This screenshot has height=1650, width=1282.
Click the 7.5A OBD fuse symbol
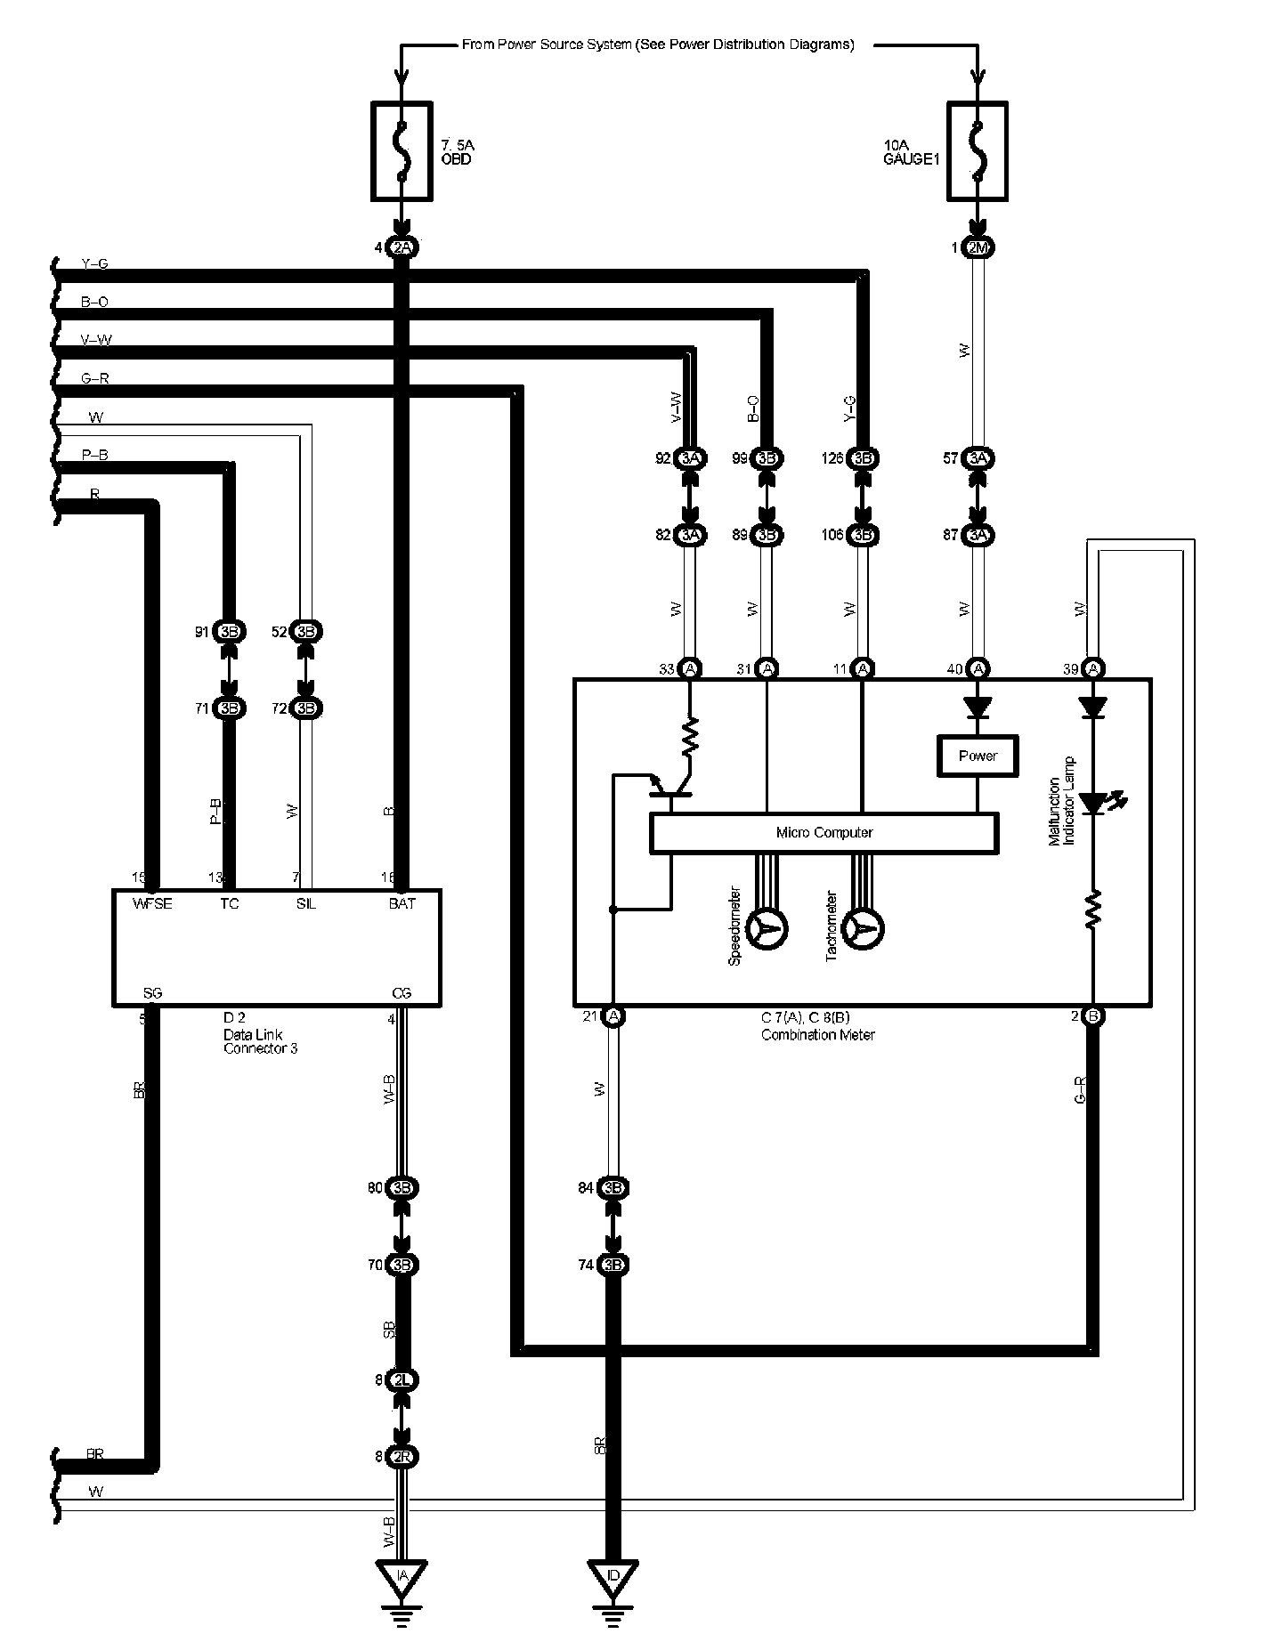point(402,150)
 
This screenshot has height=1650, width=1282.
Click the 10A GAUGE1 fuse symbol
point(978,150)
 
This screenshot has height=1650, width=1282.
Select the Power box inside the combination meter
point(978,756)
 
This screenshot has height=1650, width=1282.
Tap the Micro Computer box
point(824,833)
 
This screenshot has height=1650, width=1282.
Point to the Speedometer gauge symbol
point(767,929)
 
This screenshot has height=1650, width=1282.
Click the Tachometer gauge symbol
point(863,929)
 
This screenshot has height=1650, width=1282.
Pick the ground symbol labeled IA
point(402,1577)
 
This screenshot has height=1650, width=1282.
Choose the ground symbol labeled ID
point(613,1577)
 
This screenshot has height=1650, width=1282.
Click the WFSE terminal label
point(152,903)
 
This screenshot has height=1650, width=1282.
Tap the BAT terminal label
point(402,903)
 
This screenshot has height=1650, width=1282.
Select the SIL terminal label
point(306,903)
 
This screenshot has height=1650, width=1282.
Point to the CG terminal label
point(402,993)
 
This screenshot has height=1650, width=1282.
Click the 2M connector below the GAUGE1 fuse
point(978,247)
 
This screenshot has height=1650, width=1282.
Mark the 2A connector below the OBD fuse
point(402,247)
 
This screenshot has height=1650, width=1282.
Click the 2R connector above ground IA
point(402,1457)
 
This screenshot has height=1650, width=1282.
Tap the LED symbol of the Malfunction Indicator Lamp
point(1093,802)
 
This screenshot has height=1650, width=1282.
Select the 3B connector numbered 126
point(862,458)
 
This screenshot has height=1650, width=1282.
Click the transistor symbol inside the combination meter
point(672,783)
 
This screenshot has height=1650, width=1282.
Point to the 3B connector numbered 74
point(613,1265)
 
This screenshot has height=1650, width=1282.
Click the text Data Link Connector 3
point(260,1041)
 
